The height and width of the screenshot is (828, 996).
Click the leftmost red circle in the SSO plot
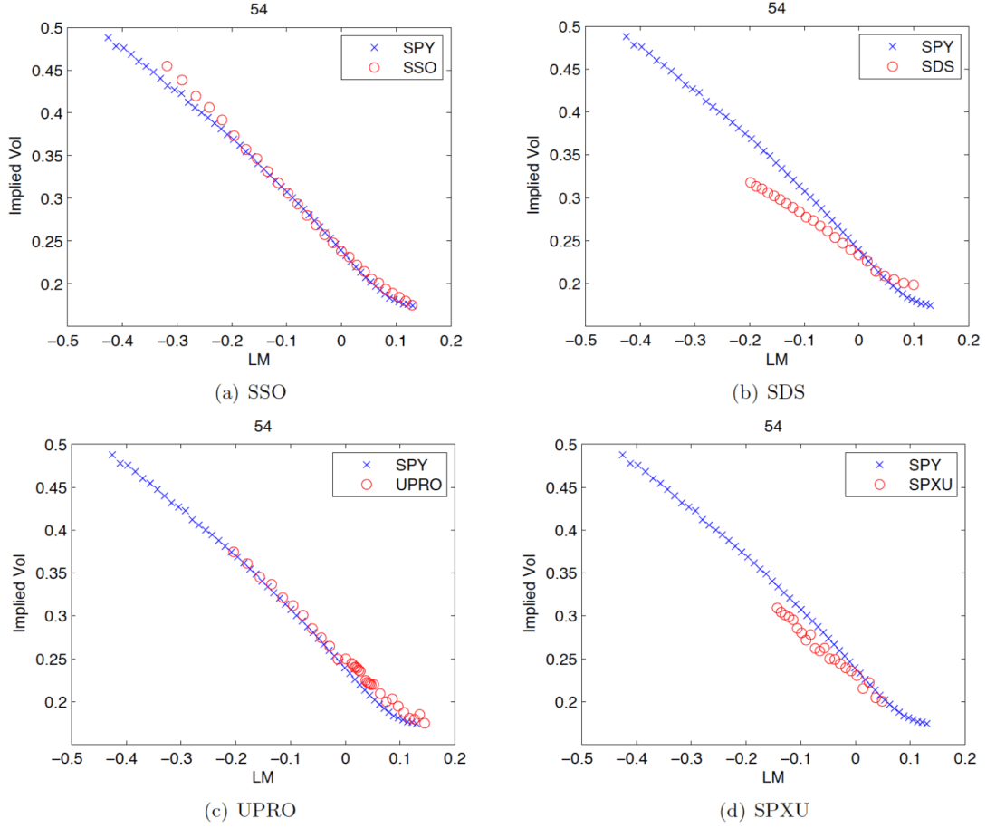tap(167, 66)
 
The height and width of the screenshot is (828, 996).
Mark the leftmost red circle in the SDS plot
tap(751, 183)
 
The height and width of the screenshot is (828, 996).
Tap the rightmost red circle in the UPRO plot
tap(425, 723)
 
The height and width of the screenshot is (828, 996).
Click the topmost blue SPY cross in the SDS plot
tap(626, 37)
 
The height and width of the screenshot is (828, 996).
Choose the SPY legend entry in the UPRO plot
tap(411, 465)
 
